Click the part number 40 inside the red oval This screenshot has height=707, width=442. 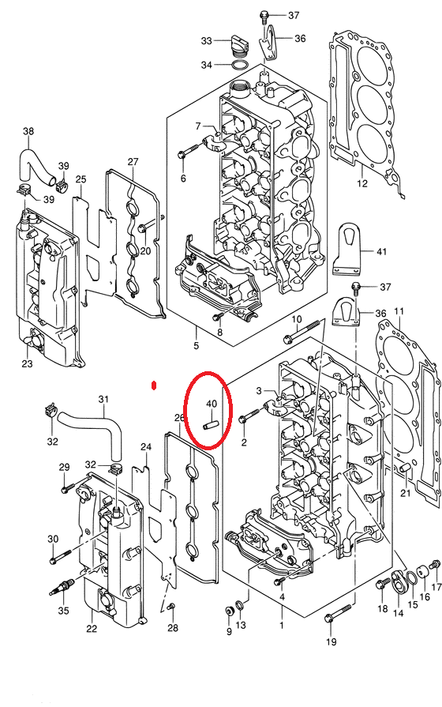point(212,404)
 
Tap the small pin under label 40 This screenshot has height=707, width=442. point(211,426)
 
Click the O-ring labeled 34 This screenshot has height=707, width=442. point(240,66)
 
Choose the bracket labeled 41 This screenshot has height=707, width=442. point(348,249)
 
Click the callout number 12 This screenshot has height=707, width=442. point(362,183)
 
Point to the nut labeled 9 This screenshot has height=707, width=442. point(229,611)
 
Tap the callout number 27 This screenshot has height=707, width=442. point(133,161)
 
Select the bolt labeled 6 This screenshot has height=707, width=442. point(189,151)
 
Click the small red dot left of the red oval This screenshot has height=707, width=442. point(154,385)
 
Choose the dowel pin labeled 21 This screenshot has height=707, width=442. point(405,471)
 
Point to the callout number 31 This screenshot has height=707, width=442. point(103,400)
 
